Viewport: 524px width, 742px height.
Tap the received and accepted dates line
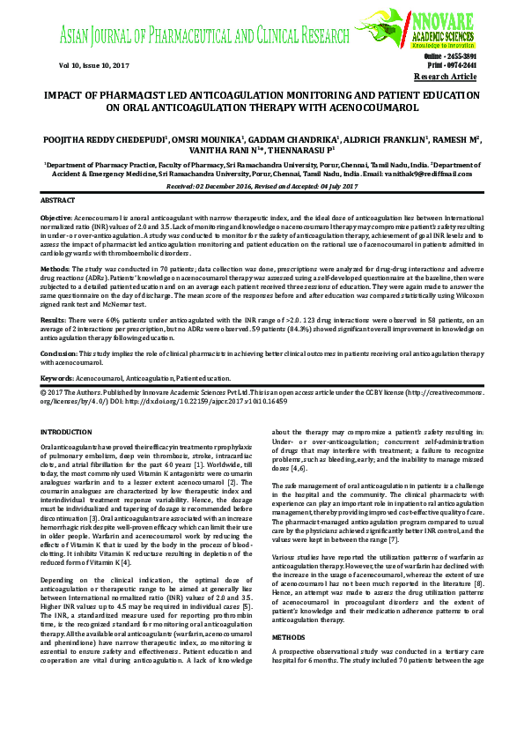coord(262,187)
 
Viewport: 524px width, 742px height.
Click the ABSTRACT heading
coord(58,201)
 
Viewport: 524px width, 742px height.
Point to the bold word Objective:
coord(56,217)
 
